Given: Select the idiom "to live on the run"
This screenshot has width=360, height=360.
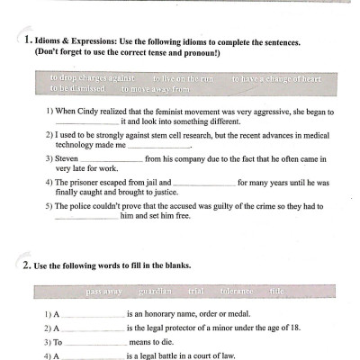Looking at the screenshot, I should point(182,78).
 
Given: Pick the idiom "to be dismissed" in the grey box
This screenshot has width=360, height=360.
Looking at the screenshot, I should point(78,89).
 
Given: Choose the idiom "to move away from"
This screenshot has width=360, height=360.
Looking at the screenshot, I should point(156,89).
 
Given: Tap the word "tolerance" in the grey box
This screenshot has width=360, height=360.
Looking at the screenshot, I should point(235,292).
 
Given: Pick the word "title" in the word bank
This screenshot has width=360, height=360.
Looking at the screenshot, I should point(276,292).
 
